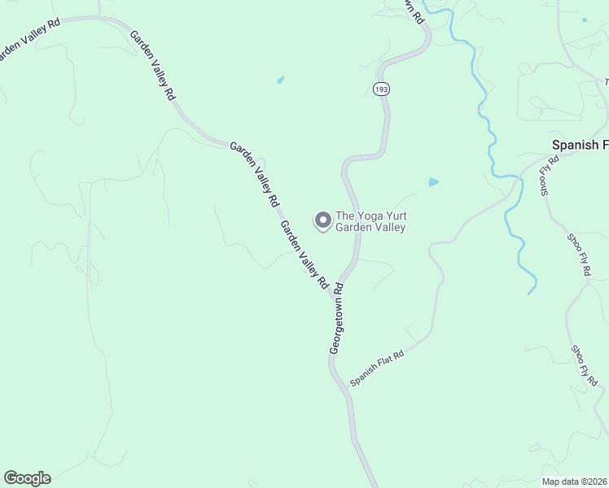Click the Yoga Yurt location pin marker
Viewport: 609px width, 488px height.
[x=322, y=220]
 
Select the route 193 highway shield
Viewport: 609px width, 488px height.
[x=380, y=89]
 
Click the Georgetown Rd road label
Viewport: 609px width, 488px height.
[x=337, y=317]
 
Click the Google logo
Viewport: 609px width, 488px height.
[x=27, y=478]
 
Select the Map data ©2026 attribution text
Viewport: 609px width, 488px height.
[x=575, y=481]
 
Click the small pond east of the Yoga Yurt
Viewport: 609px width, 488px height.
[x=433, y=182]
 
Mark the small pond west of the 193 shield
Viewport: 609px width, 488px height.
[x=280, y=80]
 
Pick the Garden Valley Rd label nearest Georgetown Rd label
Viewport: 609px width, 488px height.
[x=304, y=255]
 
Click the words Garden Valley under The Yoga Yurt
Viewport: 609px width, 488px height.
[x=370, y=228]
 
